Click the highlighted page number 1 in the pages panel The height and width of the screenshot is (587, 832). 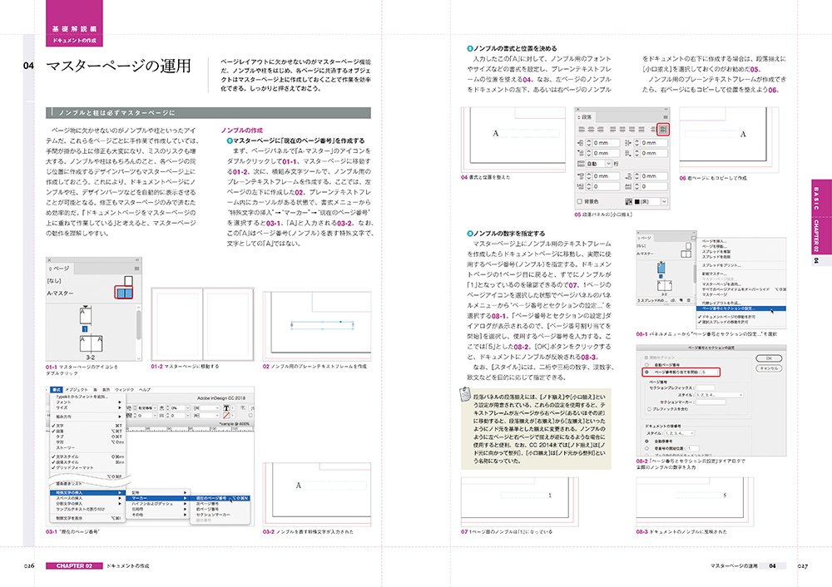(x=84, y=329)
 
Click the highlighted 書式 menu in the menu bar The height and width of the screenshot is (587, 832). (x=57, y=389)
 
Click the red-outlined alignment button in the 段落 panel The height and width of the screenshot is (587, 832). (x=661, y=129)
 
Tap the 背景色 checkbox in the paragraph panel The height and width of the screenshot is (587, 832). (x=580, y=201)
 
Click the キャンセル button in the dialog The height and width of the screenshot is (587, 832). (x=768, y=367)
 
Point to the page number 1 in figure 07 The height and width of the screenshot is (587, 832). (x=550, y=496)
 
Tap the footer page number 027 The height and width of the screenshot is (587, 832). (x=802, y=566)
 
